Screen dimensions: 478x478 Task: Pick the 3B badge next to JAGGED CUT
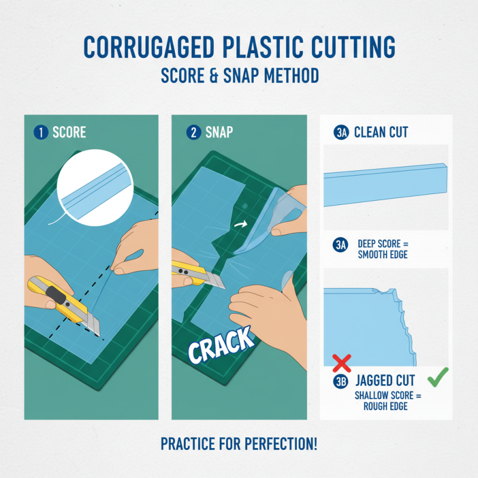[341, 381]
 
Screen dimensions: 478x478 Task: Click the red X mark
[341, 363]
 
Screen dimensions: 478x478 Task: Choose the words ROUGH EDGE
[385, 406]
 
